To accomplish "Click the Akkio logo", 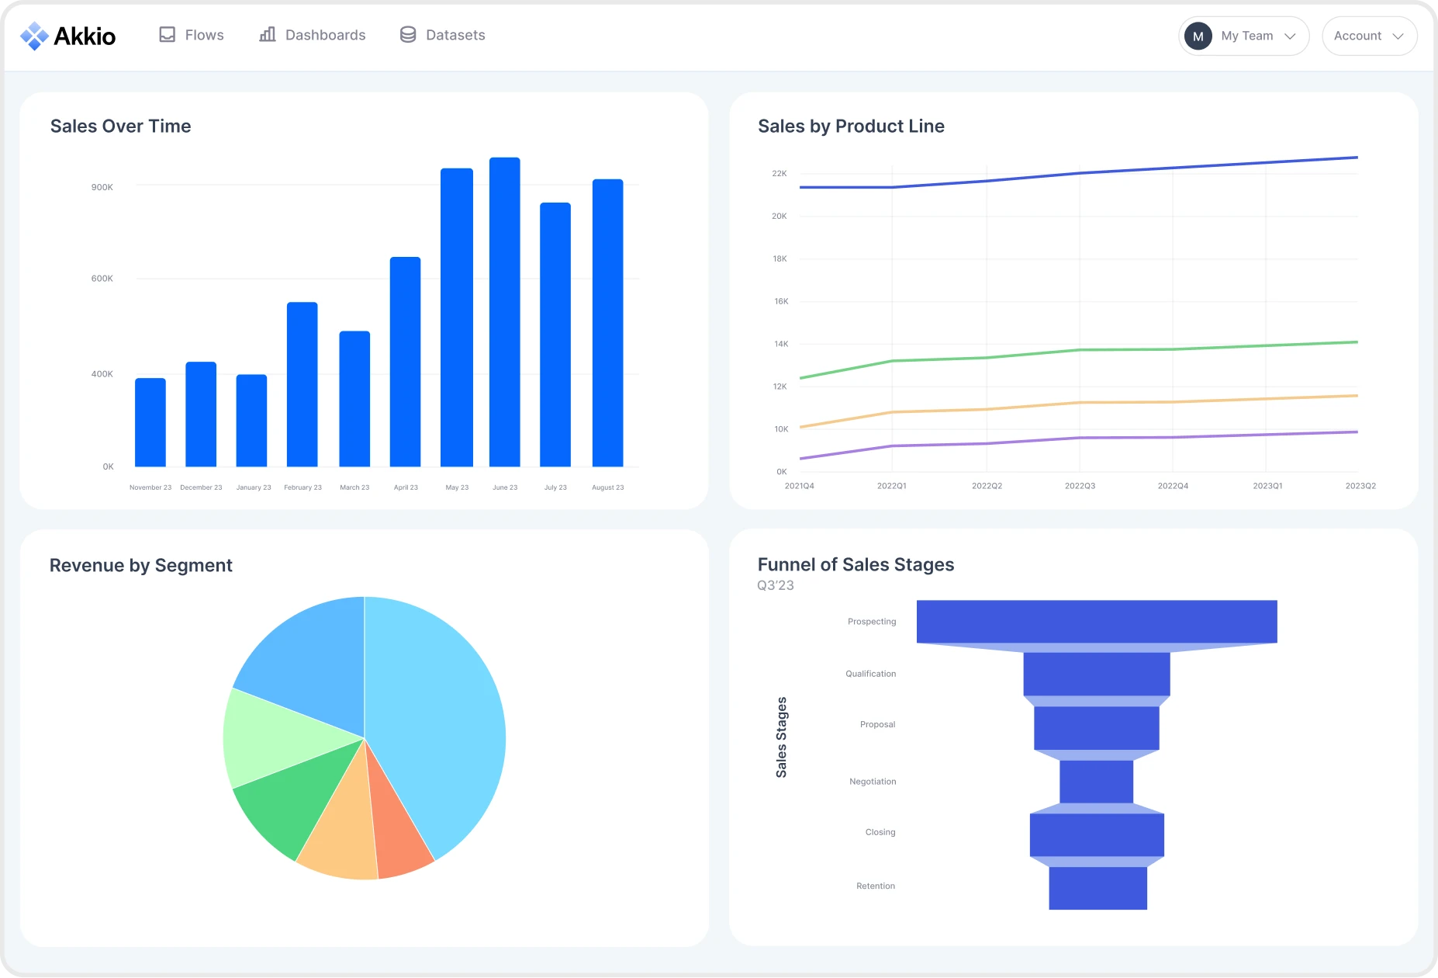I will click(68, 36).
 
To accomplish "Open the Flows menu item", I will click(192, 35).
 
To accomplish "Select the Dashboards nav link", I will click(313, 35).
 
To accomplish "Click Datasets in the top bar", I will click(443, 35).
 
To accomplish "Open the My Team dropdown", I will click(1243, 36).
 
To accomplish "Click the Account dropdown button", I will click(1369, 36).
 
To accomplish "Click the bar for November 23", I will click(150, 422).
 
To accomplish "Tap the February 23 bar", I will click(302, 384).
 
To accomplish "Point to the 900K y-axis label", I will click(102, 187).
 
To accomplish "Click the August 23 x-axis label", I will click(607, 487).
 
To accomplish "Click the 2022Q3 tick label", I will click(1080, 486).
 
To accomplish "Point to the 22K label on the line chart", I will click(779, 173).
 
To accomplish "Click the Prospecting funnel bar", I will click(1096, 621).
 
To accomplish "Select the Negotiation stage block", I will click(1096, 782).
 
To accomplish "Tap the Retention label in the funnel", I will click(875, 886).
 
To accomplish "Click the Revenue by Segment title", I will click(141, 565).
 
